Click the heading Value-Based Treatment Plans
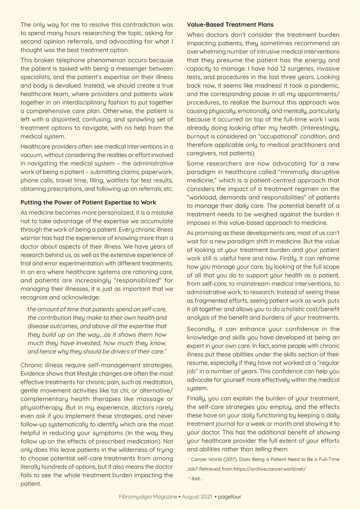(224, 25)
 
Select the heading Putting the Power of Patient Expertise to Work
(88, 202)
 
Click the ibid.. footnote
(196, 478)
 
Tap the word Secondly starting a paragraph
(202, 329)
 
